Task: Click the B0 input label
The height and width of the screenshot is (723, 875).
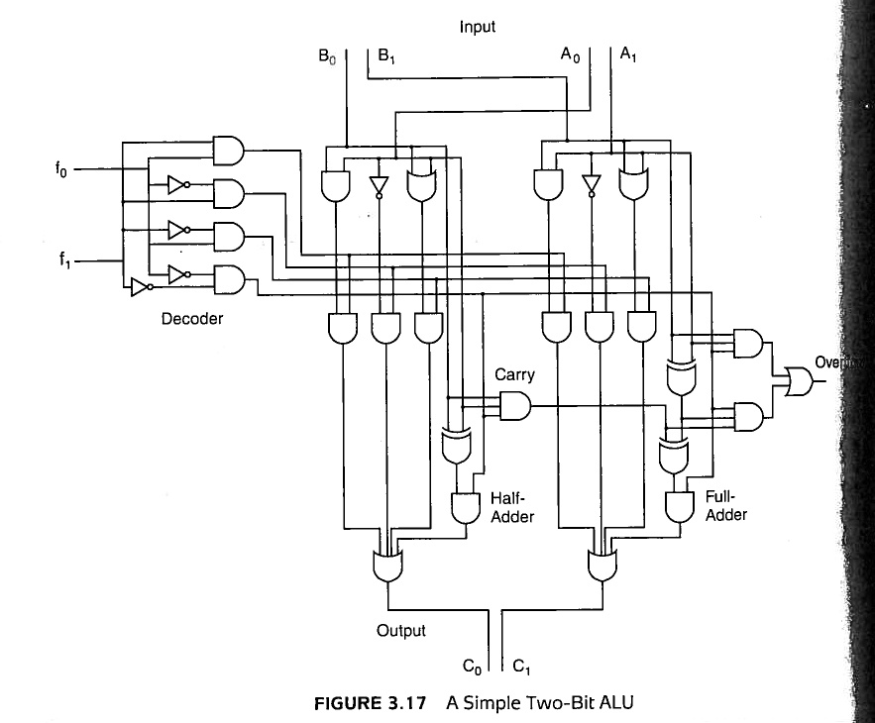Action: pyautogui.click(x=326, y=58)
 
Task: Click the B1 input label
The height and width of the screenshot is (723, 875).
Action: pyautogui.click(x=386, y=58)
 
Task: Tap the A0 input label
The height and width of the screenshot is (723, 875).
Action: pyautogui.click(x=569, y=56)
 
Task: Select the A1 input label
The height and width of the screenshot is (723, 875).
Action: pyautogui.click(x=628, y=56)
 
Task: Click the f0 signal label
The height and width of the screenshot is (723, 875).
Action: pyautogui.click(x=61, y=168)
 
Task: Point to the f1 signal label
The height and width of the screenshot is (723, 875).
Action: pyautogui.click(x=61, y=262)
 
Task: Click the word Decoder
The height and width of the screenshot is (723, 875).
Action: pyautogui.click(x=192, y=319)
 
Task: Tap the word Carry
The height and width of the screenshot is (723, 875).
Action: pyautogui.click(x=514, y=374)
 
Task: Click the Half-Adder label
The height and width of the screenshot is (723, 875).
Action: pyautogui.click(x=512, y=507)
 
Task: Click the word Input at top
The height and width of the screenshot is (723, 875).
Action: pyautogui.click(x=477, y=27)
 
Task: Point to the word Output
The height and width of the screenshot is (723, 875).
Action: pyautogui.click(x=400, y=630)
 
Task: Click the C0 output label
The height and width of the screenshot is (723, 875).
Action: pyautogui.click(x=472, y=666)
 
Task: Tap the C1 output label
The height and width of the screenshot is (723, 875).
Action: pyautogui.click(x=523, y=666)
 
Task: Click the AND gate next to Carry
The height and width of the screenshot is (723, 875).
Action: pyautogui.click(x=516, y=405)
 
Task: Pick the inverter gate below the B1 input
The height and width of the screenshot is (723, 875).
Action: pyautogui.click(x=378, y=186)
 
